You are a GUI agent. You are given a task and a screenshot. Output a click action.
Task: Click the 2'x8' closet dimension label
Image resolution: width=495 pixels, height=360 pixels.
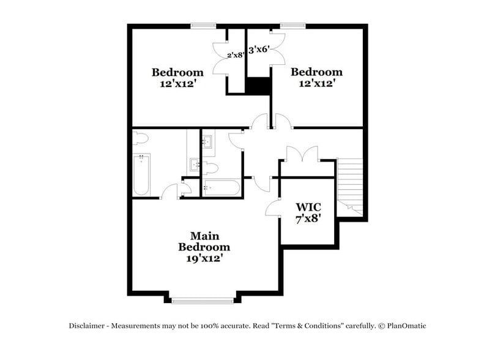tap(236, 54)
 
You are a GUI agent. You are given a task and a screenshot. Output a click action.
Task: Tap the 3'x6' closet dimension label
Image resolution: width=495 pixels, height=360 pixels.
tap(259, 50)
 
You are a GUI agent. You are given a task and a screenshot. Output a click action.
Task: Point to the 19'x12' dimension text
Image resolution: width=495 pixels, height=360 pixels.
tap(204, 258)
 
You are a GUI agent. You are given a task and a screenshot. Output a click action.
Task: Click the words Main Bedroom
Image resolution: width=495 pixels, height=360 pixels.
tap(204, 241)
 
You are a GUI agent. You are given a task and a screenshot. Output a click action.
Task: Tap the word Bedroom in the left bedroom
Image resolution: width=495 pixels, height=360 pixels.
tap(177, 72)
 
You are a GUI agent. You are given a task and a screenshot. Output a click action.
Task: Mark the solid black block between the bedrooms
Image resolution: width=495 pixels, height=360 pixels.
tap(259, 86)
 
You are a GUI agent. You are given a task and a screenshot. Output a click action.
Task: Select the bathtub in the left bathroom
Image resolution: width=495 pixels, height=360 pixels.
tap(141, 174)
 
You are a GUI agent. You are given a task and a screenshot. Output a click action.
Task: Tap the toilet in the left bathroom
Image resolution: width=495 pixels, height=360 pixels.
tap(141, 138)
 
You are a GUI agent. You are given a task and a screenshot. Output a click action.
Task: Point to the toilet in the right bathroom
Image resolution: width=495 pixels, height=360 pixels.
tap(210, 167)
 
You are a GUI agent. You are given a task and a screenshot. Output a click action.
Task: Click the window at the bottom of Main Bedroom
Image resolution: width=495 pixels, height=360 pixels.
tap(203, 300)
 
